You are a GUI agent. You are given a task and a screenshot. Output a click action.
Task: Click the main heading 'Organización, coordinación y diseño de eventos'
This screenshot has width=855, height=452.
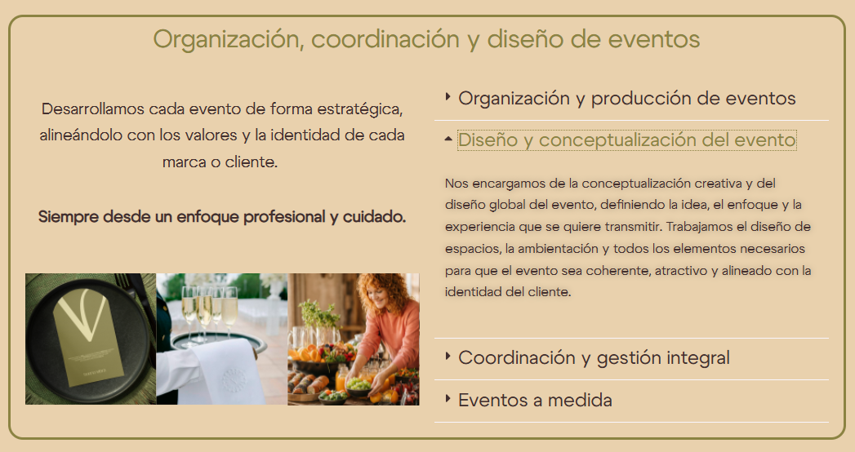point(426,39)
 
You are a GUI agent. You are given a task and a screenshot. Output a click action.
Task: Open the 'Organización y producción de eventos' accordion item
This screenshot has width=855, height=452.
point(626,99)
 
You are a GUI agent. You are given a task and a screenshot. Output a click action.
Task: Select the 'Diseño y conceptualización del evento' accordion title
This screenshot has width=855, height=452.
point(626,140)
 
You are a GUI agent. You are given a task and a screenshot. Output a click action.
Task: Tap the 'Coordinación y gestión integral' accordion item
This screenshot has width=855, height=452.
point(594,358)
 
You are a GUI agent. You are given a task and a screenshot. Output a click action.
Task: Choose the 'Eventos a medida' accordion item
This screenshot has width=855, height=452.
point(535,401)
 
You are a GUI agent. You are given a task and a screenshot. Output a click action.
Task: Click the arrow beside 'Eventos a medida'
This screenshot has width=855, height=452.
point(448,398)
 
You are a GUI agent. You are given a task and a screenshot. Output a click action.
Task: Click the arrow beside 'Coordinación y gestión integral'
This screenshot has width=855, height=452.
point(448,357)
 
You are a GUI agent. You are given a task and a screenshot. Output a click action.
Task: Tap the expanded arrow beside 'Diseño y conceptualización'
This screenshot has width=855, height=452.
point(448,139)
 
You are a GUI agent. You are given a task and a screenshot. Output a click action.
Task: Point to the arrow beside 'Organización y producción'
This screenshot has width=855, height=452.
point(448,96)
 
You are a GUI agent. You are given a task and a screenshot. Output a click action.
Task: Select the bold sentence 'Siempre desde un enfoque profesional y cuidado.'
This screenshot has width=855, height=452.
point(222,217)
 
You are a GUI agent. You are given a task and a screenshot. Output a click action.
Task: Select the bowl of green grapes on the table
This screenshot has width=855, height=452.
point(358,387)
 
